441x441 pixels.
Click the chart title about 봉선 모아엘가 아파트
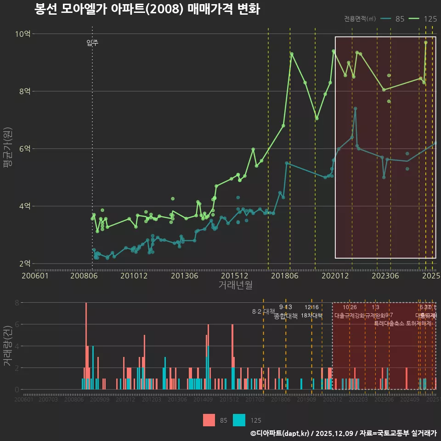(147, 9)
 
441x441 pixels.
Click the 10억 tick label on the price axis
(23, 34)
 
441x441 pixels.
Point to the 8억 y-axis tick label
(25, 91)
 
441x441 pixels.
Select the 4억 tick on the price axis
(25, 206)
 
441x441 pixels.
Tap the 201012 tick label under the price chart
(134, 276)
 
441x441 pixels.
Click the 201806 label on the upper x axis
(284, 276)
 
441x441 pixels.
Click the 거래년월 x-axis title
(235, 285)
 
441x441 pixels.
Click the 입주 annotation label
(92, 43)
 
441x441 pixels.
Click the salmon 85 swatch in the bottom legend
(209, 420)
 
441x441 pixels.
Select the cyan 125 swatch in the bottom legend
(239, 420)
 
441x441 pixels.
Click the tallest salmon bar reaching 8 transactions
(86, 346)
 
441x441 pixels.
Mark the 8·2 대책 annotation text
(263, 311)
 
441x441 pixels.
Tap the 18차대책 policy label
(311, 316)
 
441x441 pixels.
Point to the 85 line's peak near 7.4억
(355, 109)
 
